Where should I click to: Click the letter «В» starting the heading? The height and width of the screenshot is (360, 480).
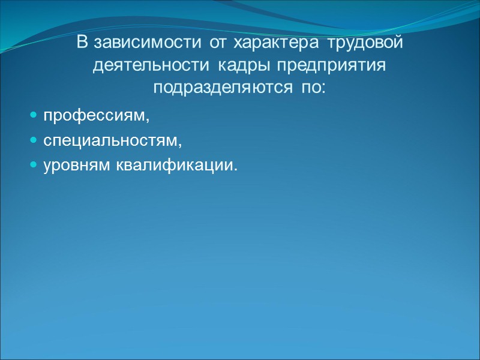pos(82,44)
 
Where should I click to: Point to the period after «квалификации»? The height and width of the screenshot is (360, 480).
pos(236,169)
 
